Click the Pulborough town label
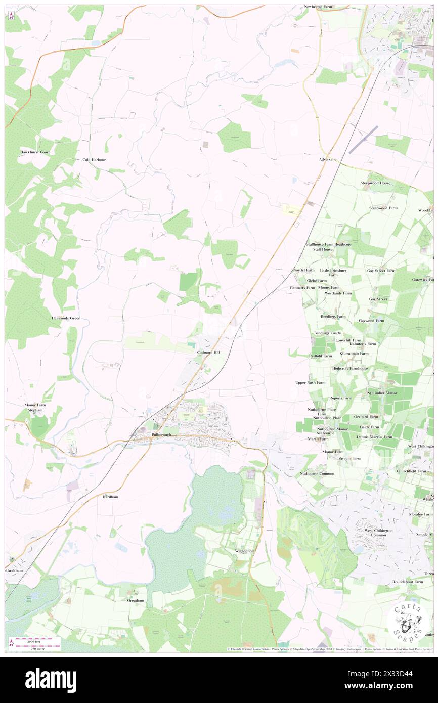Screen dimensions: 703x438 [163, 435]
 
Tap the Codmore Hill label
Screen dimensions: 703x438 [208, 352]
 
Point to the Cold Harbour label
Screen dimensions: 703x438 [95, 159]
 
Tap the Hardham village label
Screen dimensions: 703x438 [110, 497]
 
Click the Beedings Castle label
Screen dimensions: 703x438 [328, 333]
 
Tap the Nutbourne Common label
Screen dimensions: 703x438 [317, 473]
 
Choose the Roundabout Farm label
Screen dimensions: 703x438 [408, 582]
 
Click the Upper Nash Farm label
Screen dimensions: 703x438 [311, 383]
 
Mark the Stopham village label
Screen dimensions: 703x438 [33, 411]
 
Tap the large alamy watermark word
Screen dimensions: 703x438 [51, 680]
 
